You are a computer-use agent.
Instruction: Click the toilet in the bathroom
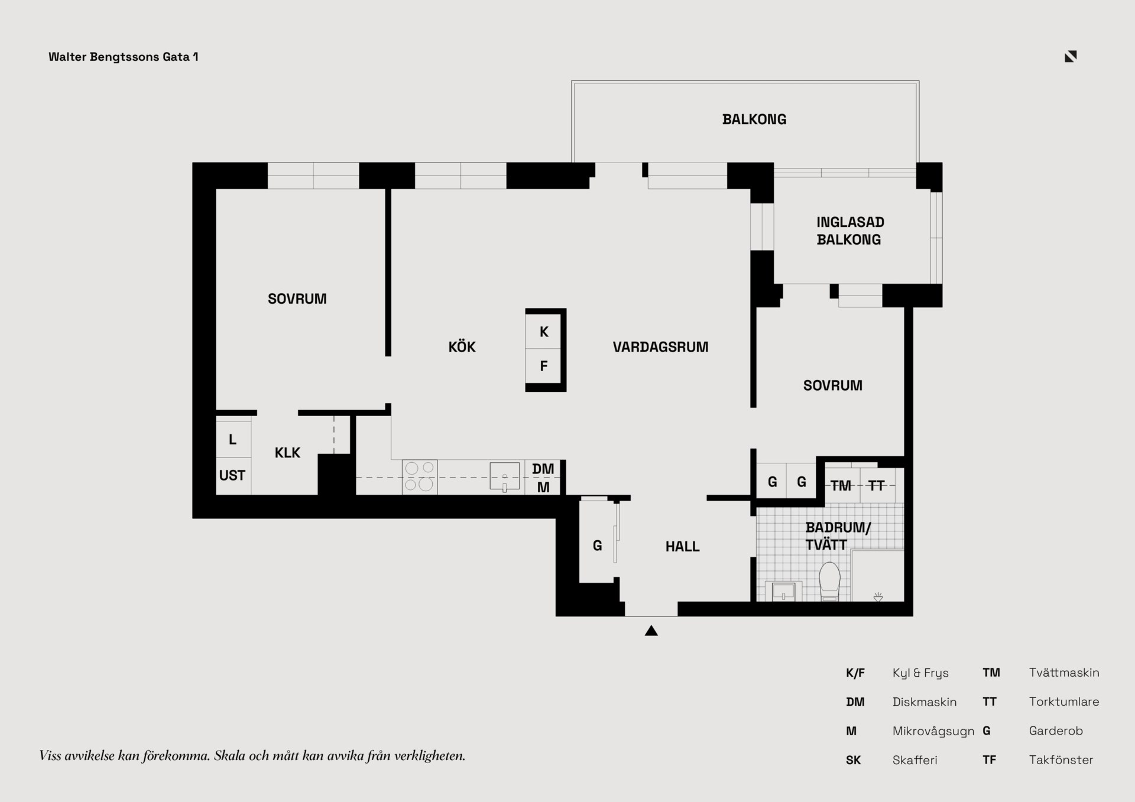(829, 582)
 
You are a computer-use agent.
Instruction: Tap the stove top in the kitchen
(420, 477)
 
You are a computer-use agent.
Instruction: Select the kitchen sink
(505, 476)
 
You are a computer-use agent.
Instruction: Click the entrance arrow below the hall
(651, 631)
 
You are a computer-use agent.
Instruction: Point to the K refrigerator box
(544, 332)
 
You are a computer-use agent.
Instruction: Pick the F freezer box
(544, 366)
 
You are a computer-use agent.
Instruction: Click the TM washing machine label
(841, 486)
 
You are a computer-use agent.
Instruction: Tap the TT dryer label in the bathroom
(876, 486)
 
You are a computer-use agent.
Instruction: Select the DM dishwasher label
(543, 469)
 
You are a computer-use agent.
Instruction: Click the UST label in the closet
(232, 475)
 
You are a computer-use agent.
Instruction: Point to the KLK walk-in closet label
(287, 453)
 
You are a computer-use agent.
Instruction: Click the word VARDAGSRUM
(660, 347)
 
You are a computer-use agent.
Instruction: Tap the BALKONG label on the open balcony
(754, 119)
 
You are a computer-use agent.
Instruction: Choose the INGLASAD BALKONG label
(850, 231)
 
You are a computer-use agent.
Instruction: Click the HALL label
(683, 547)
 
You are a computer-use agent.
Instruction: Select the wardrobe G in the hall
(598, 546)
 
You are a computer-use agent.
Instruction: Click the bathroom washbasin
(783, 592)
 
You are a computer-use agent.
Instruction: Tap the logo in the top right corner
(1071, 56)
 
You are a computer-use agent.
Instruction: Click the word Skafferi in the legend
(915, 760)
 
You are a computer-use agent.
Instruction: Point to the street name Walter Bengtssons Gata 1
(124, 57)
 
